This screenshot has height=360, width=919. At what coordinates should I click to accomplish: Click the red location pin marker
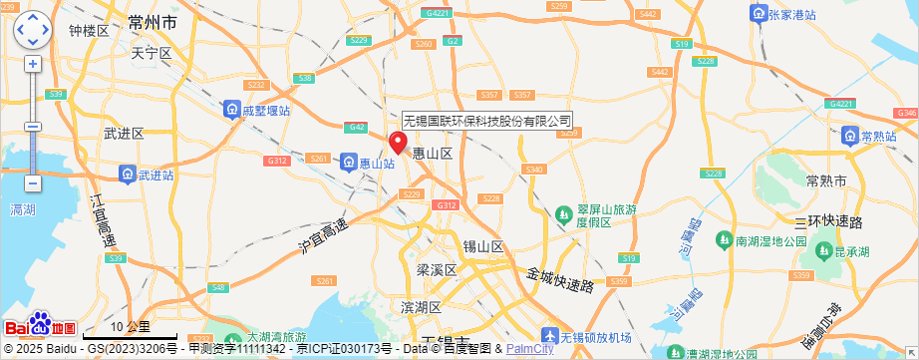(397, 142)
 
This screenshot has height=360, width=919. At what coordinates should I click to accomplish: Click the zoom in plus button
(33, 64)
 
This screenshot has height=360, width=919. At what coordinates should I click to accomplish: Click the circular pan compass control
(32, 31)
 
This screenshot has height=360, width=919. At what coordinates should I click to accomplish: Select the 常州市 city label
(153, 21)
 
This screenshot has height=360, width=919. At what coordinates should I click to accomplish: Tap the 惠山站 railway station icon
(349, 162)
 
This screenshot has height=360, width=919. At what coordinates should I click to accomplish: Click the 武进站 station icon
(128, 175)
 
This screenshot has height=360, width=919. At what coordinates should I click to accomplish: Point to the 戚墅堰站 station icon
(230, 110)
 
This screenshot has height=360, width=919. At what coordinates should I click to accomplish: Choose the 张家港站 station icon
(759, 14)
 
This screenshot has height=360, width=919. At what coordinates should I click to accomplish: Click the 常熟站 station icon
(849, 136)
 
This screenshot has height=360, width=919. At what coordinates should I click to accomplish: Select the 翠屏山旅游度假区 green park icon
(564, 213)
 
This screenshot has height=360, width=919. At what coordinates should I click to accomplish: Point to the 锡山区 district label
(483, 246)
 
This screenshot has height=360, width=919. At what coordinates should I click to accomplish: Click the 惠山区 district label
(433, 154)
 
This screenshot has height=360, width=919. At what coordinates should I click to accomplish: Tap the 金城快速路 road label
(560, 278)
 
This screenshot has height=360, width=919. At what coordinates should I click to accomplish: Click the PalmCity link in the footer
(529, 349)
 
